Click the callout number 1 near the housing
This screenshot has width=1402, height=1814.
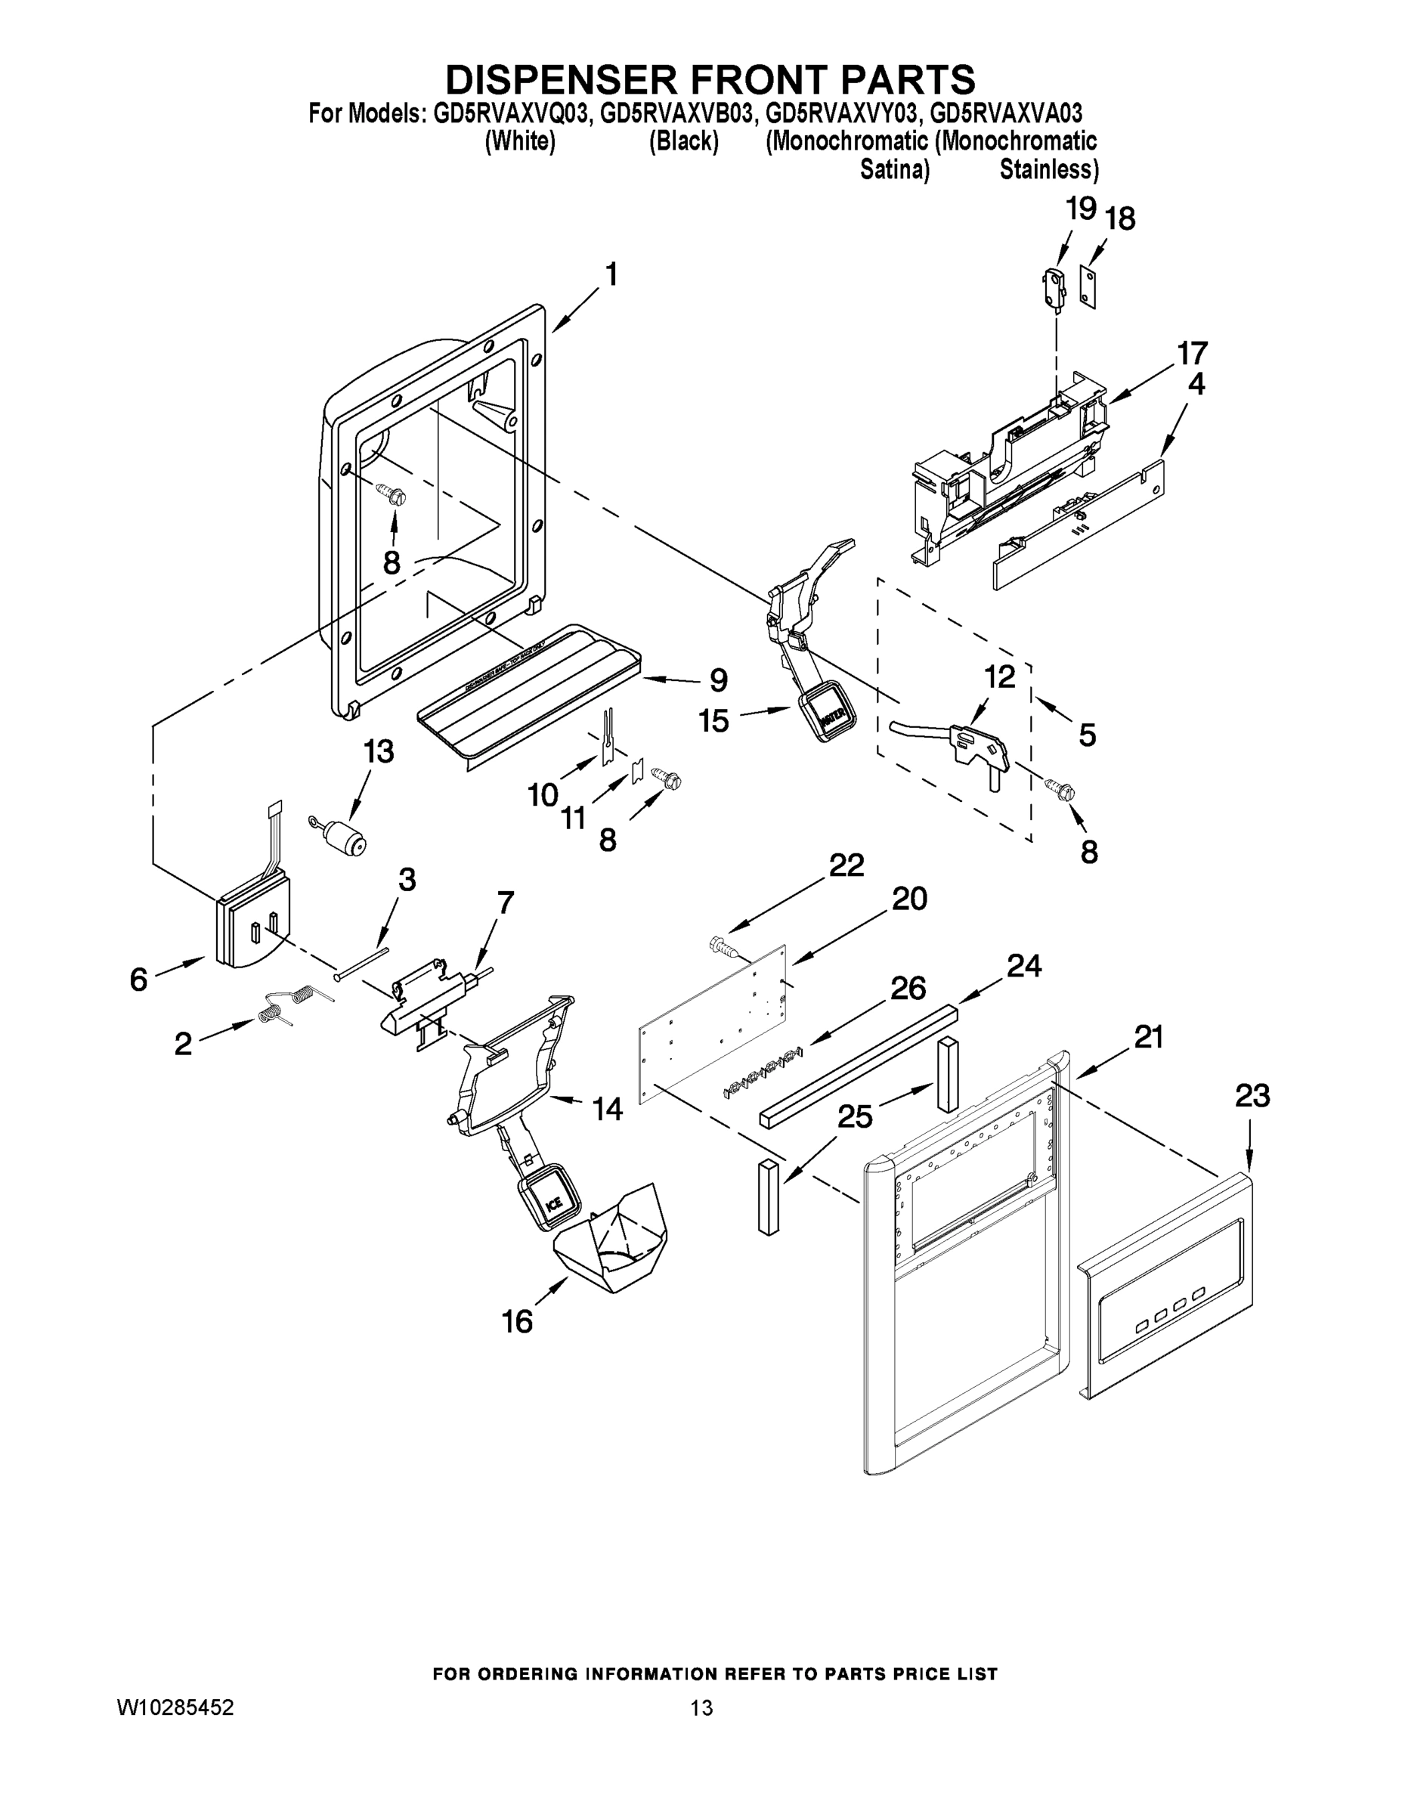(611, 275)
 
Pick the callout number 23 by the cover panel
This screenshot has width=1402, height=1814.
(1252, 1097)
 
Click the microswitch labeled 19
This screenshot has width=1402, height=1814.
(1054, 291)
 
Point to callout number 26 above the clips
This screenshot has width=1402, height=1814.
(907, 988)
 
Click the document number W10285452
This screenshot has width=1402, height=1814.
(175, 1707)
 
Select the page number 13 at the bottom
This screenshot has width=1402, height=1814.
(701, 1707)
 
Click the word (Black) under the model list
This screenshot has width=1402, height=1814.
(682, 141)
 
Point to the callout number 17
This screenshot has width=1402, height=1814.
(1192, 353)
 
